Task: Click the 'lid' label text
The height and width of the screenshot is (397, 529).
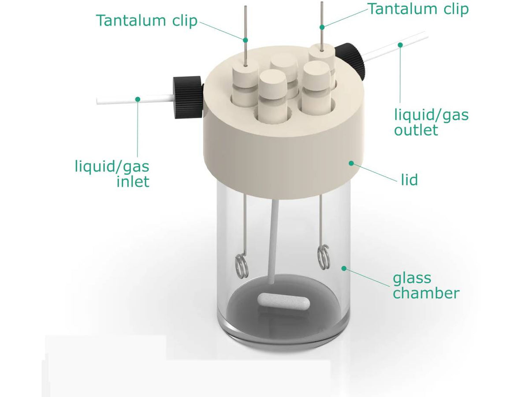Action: (409, 180)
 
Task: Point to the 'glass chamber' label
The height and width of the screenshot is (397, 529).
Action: (425, 285)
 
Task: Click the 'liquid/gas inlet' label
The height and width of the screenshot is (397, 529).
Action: (112, 174)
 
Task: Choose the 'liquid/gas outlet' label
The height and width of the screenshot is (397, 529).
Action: (431, 122)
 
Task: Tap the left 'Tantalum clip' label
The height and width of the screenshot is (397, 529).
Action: (147, 20)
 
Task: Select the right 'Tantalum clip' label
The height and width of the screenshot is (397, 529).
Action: (418, 9)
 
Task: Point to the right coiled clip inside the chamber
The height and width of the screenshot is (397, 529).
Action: (323, 257)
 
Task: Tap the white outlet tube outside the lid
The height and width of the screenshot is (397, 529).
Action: (397, 46)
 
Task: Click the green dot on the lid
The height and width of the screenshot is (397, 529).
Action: (351, 163)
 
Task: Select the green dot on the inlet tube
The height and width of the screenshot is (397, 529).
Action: (138, 99)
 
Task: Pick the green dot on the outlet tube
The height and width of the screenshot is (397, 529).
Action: (400, 45)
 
